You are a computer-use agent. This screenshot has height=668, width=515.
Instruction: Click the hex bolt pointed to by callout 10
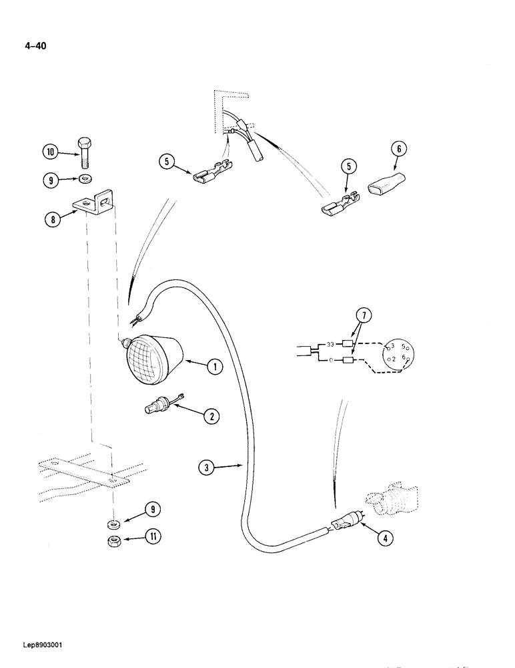(84, 152)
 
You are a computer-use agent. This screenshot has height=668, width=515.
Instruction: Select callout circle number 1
(213, 366)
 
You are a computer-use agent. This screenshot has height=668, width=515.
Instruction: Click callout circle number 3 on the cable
(207, 468)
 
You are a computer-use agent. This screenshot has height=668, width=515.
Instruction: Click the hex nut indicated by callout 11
(114, 541)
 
